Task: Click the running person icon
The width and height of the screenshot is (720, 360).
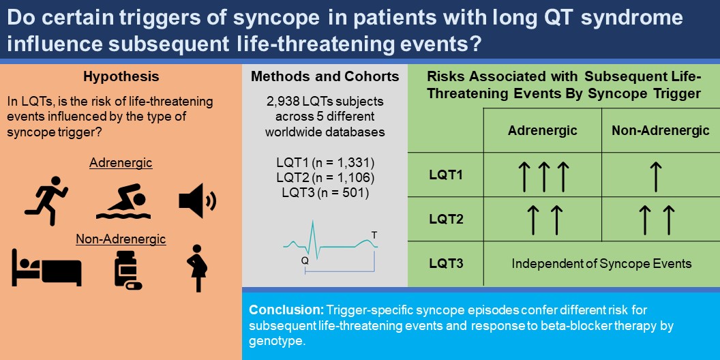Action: point(46,198)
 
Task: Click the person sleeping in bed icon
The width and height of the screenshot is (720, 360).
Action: point(46,267)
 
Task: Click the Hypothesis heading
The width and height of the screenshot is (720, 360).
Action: point(121,76)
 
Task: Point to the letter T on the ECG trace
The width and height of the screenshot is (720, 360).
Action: point(373,235)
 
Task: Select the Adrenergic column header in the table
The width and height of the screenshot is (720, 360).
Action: point(542,130)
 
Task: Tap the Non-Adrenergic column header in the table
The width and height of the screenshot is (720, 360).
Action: point(660,130)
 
